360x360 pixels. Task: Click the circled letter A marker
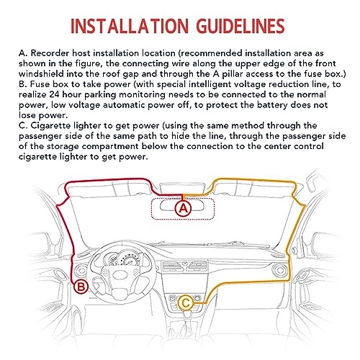(184, 208)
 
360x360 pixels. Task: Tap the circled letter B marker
(81, 287)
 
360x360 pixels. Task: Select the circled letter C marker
(185, 303)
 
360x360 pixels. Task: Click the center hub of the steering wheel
(120, 274)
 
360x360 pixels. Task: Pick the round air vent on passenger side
(280, 271)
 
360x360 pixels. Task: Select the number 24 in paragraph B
(55, 94)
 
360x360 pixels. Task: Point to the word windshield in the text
(41, 74)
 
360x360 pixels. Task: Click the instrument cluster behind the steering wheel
(122, 258)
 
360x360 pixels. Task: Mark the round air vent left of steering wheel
(80, 271)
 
